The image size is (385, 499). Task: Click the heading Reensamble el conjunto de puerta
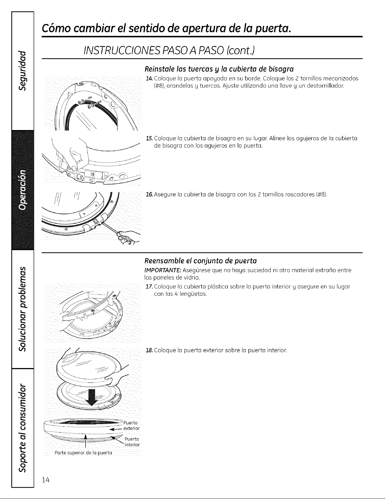[201, 261]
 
